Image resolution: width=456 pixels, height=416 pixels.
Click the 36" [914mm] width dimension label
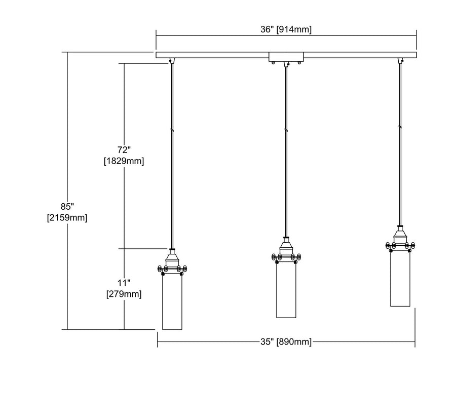click(286, 29)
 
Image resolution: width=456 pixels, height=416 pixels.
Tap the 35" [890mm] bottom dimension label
click(286, 342)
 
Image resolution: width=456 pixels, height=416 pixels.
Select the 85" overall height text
click(67, 207)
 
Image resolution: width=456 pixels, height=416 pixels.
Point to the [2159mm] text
click(67, 217)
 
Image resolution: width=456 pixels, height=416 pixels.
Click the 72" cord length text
click(124, 150)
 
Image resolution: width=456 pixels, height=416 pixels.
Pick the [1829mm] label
click(124, 161)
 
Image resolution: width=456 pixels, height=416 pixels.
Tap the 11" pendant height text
click(124, 283)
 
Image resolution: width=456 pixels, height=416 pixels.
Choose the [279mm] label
click(124, 294)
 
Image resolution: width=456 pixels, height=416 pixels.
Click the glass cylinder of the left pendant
click(172, 302)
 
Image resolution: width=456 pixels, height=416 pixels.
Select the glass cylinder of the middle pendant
click(286, 290)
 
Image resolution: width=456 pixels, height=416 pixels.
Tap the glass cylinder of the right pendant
click(400, 278)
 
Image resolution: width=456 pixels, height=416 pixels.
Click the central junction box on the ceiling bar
click(286, 57)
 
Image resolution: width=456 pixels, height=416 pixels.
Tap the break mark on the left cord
click(172, 130)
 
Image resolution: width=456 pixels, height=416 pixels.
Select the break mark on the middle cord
click(286, 130)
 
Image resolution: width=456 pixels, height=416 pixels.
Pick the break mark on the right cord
click(400, 127)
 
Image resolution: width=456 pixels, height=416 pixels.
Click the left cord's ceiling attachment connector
click(172, 60)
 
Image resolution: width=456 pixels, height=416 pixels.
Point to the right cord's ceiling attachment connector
click(400, 60)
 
